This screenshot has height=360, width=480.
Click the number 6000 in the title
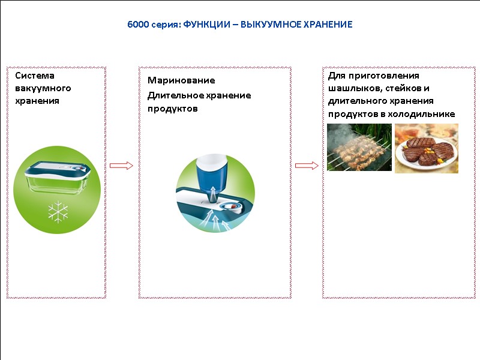tap(137, 25)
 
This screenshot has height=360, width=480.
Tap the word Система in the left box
tap(35, 76)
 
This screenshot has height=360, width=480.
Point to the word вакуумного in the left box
tap(43, 88)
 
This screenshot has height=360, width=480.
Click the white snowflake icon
tap(58, 211)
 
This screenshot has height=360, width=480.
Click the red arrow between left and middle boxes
tap(122, 165)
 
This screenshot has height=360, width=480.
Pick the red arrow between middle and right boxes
tap(307, 165)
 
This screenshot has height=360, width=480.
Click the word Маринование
tap(181, 80)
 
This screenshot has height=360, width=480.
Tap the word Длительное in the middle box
tap(173, 95)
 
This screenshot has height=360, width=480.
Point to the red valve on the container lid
tap(231, 206)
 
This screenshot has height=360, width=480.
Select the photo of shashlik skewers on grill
tap(359, 148)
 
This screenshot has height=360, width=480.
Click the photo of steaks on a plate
tap(426, 148)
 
